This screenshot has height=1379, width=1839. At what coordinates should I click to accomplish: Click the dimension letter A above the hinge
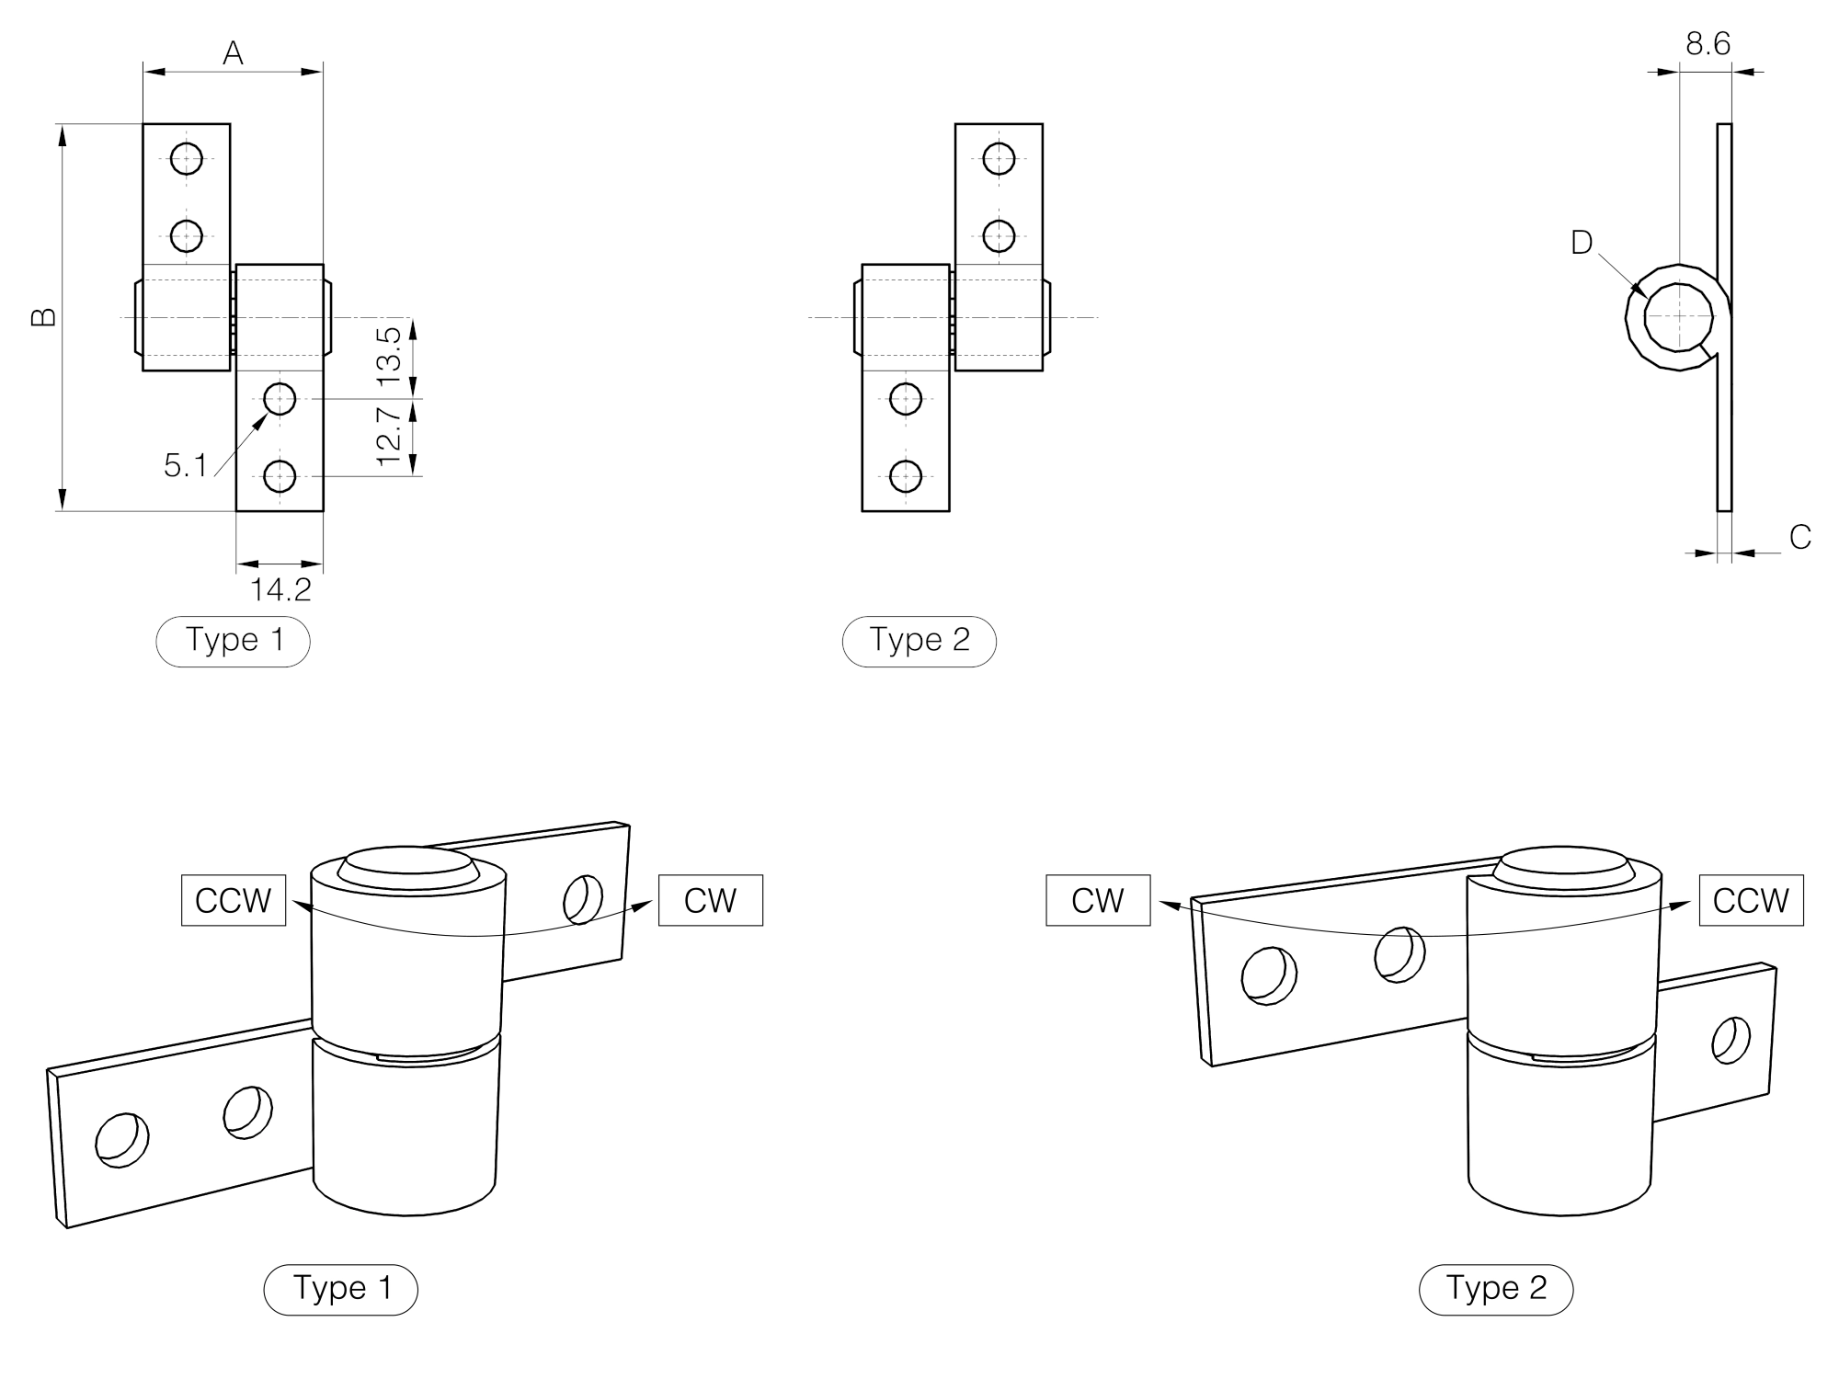pyautogui.click(x=233, y=53)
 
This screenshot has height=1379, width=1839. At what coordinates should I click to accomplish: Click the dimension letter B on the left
pyautogui.click(x=43, y=317)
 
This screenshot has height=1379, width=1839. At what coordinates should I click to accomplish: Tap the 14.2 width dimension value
pyautogui.click(x=280, y=589)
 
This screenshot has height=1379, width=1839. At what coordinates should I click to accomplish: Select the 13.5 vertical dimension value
pyautogui.click(x=390, y=355)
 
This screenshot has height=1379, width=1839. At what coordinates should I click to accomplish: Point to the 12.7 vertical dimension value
pyautogui.click(x=390, y=437)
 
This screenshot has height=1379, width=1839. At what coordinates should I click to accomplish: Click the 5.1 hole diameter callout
pyautogui.click(x=186, y=466)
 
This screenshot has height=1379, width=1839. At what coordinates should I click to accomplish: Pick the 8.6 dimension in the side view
pyautogui.click(x=1708, y=43)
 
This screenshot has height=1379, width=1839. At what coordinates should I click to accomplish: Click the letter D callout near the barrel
pyautogui.click(x=1581, y=243)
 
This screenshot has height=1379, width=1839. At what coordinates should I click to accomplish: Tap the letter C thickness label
pyautogui.click(x=1799, y=537)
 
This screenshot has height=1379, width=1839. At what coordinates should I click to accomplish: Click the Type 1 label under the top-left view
pyautogui.click(x=234, y=640)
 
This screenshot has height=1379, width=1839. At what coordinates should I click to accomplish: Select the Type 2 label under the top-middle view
pyautogui.click(x=919, y=640)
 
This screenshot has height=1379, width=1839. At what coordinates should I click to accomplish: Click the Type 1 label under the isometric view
pyautogui.click(x=341, y=1288)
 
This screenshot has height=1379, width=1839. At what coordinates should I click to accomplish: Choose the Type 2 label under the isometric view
pyautogui.click(x=1496, y=1288)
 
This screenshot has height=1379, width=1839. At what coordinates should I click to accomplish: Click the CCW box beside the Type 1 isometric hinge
pyautogui.click(x=234, y=900)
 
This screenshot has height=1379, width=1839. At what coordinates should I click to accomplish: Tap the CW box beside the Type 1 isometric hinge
pyautogui.click(x=711, y=900)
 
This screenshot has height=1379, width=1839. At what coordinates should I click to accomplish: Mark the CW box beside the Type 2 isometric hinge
pyautogui.click(x=1098, y=900)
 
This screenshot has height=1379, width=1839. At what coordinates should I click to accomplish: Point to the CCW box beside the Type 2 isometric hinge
pyautogui.click(x=1751, y=900)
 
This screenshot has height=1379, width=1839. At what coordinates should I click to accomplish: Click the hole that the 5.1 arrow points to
pyautogui.click(x=280, y=399)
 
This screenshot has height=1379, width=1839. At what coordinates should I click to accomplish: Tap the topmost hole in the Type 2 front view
pyautogui.click(x=999, y=159)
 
